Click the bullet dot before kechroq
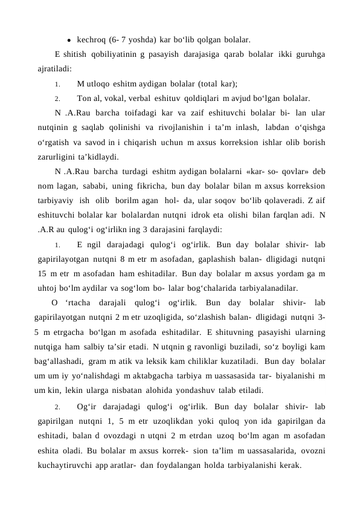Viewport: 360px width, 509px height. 71,41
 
